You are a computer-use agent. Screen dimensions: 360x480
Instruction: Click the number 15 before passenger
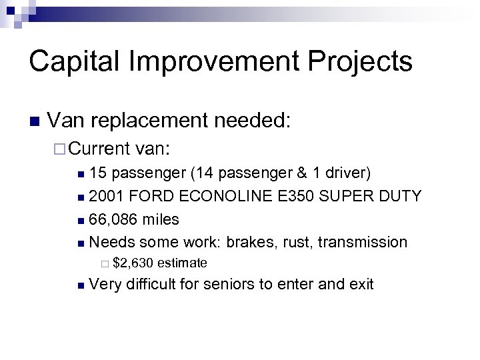tap(97, 173)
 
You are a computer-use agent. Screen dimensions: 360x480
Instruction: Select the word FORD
tap(146, 196)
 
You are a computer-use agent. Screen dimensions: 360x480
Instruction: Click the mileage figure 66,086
tap(113, 219)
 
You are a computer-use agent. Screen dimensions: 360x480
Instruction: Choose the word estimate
tap(183, 263)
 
